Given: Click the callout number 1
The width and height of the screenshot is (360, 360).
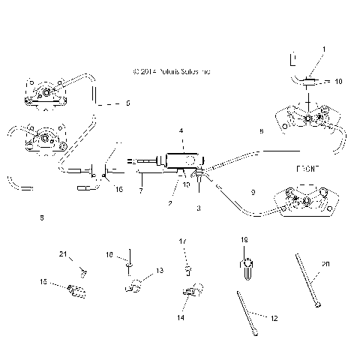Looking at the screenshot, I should [324, 49].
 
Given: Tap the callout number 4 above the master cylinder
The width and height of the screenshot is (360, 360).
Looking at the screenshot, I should [180, 130].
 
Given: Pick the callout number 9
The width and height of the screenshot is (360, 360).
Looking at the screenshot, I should [252, 193].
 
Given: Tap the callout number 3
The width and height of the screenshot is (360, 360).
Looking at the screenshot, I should [198, 208].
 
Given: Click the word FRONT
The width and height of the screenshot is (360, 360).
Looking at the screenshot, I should [308, 169].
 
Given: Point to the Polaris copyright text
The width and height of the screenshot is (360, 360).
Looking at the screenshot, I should [170, 72].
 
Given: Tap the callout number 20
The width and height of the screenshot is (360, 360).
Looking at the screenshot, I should [325, 264].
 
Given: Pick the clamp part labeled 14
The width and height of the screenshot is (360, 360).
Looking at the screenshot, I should [190, 292].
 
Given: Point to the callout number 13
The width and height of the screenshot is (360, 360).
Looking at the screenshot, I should [159, 270].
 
